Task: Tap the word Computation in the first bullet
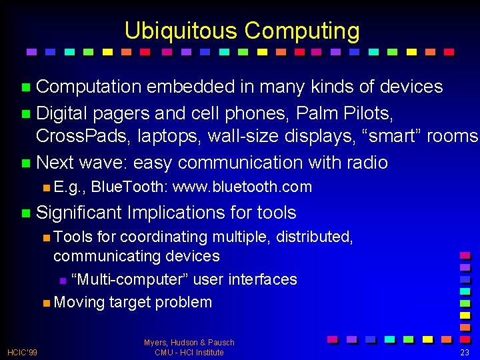89,87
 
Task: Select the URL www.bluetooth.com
242,187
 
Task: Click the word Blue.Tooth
128,187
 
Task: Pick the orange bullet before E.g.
45,187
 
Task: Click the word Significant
79,213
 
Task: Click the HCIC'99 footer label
22,352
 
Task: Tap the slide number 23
465,352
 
